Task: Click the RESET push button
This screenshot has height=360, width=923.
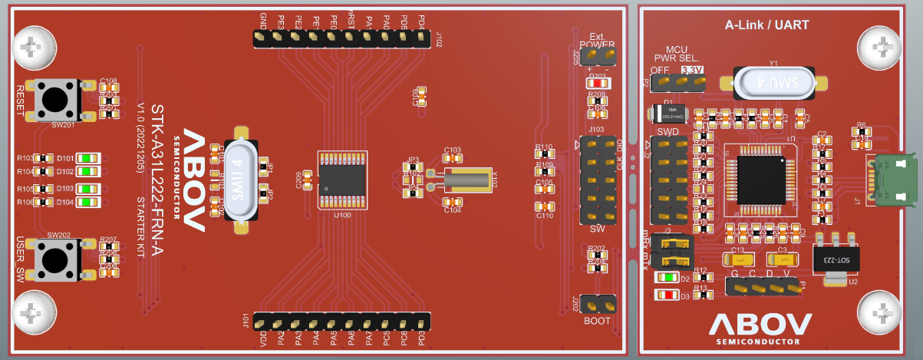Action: click(x=54, y=100)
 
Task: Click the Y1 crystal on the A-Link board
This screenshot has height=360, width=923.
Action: click(x=774, y=83)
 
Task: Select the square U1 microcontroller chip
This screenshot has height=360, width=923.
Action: click(x=760, y=179)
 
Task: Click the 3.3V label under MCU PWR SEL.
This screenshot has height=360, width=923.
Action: click(x=692, y=70)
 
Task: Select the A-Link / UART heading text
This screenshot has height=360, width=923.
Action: click(x=766, y=25)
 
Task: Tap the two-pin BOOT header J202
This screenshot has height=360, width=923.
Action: click(x=598, y=305)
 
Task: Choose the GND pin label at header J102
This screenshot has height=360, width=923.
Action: click(x=264, y=20)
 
